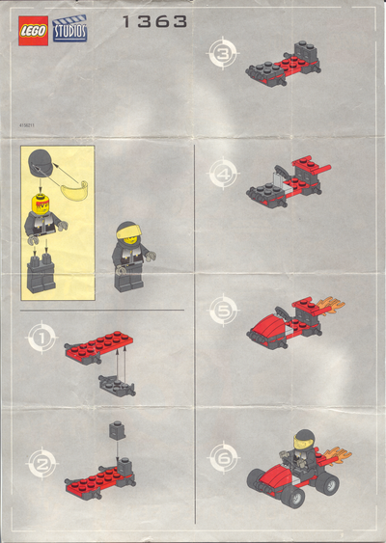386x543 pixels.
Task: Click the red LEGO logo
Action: coord(34,30)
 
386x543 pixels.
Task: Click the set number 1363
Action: coord(154,21)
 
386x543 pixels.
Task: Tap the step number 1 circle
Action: coord(41,339)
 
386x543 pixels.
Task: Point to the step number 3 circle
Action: coord(223,55)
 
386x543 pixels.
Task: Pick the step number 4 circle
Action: coord(223,176)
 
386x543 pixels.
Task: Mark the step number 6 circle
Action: coord(223,456)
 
